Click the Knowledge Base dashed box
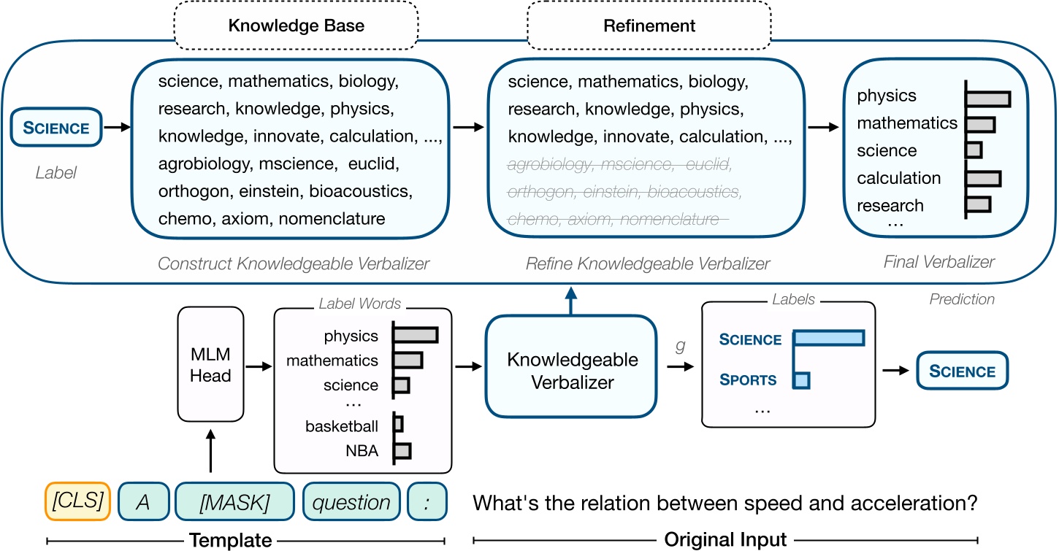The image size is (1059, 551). point(296,26)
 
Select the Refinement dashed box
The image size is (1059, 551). point(649,26)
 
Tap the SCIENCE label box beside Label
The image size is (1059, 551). point(56,128)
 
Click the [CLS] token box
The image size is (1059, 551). point(77,503)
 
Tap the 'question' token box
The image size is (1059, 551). point(352,503)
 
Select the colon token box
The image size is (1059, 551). point(427,503)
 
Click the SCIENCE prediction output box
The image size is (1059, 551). point(961,371)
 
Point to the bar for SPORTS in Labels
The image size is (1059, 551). point(802,379)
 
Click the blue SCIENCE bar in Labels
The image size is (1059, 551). point(828,339)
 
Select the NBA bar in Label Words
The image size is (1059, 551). point(402,451)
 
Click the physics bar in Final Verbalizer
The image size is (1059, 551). point(988,98)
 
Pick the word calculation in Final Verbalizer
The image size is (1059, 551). point(898,178)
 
